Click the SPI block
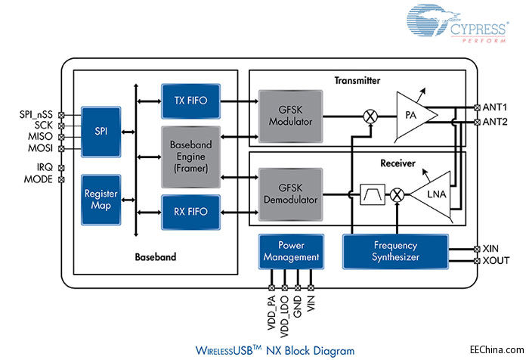(101, 131)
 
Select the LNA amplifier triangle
(432, 194)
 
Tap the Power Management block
(291, 251)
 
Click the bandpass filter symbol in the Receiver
(373, 195)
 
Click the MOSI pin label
(37, 148)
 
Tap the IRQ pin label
(42, 168)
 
